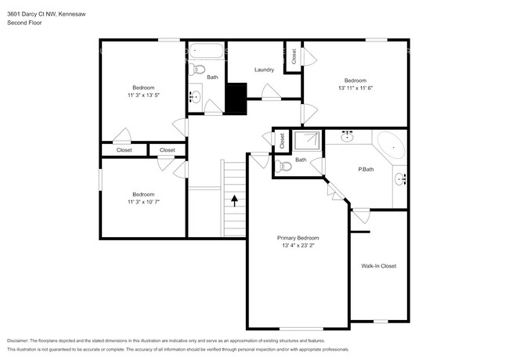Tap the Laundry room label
[x=264, y=70]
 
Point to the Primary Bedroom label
[x=298, y=237]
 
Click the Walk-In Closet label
[x=378, y=266]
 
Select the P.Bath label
[x=366, y=169]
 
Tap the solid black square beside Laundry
[x=236, y=98]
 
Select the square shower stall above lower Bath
[x=305, y=141]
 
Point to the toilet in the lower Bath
[x=285, y=166]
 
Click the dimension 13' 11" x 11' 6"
[x=355, y=88]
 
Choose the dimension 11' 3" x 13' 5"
[x=143, y=95]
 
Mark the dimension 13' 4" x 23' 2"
[x=298, y=246]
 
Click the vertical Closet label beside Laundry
[x=294, y=56]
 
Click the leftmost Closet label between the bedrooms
[x=124, y=149]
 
